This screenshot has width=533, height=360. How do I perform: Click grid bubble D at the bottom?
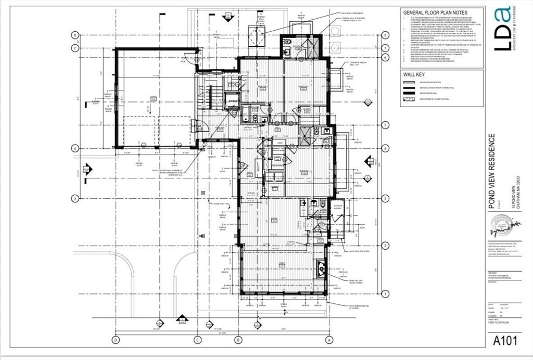(x=116, y=340)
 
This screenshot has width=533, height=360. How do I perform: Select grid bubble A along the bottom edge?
(x=328, y=340)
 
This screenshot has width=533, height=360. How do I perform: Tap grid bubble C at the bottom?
(x=197, y=340)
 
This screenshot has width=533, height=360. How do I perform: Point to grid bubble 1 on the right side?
(x=385, y=293)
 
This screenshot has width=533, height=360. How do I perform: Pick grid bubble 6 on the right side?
(x=385, y=58)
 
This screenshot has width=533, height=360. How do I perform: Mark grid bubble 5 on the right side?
(x=385, y=125)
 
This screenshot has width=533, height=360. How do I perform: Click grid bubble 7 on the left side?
(x=75, y=48)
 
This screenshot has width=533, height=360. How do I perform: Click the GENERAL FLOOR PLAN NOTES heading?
(x=435, y=12)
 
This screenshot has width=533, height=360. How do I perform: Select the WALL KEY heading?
(x=414, y=74)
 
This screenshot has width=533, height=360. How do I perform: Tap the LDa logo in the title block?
(x=502, y=35)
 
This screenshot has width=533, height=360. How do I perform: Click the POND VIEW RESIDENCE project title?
(x=492, y=171)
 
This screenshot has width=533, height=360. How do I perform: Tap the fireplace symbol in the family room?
(x=321, y=269)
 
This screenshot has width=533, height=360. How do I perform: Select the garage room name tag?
(x=153, y=98)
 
